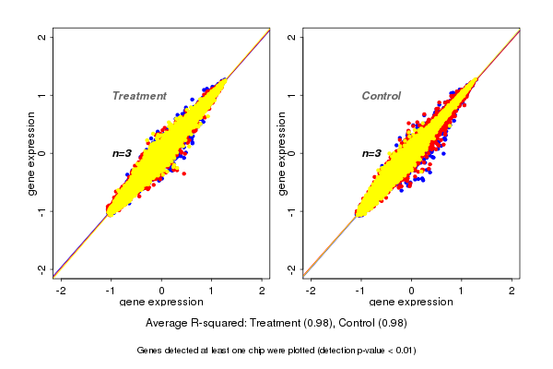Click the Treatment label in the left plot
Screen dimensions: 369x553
[139, 96]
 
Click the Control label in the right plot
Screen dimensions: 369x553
[381, 96]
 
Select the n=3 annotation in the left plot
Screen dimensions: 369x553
[124, 153]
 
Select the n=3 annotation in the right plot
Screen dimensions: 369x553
[373, 153]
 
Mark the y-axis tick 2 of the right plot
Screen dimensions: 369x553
[292, 37]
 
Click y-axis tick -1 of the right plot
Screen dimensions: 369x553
[292, 211]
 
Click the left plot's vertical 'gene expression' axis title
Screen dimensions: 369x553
[31, 153]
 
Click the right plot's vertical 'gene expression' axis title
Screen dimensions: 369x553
[281, 153]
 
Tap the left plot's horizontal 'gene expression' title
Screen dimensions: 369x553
[161, 303]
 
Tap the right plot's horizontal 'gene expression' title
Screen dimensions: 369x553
[411, 303]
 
